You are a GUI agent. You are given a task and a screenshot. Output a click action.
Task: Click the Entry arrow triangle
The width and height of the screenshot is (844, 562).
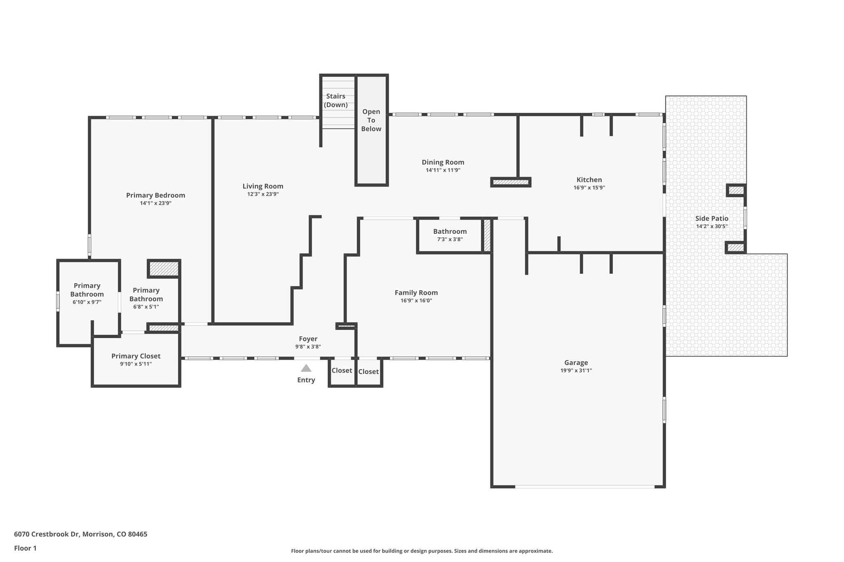coord(306,368)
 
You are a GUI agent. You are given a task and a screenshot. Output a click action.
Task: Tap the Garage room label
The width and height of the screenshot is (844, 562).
coord(576,363)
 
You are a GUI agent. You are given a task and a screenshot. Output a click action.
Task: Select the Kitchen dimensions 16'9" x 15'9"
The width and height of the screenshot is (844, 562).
coord(589,188)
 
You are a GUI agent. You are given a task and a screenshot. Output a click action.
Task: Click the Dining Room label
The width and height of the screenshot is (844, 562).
coord(443,162)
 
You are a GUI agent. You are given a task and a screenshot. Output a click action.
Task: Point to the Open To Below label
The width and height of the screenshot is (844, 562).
coord(371,120)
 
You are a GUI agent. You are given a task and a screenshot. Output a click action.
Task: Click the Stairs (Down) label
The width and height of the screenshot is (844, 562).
coord(335,100)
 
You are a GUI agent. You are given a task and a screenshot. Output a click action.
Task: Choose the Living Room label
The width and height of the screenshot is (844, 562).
coord(263,186)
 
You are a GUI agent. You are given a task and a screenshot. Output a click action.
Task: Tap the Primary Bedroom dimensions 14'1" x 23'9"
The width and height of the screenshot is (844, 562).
coord(155,203)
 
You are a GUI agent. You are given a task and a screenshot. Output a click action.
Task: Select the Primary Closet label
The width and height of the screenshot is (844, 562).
coord(136,356)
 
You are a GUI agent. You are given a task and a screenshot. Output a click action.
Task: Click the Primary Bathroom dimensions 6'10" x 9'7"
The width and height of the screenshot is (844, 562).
coord(87,302)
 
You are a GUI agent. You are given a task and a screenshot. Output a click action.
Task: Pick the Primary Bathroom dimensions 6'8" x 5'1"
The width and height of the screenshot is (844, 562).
coord(146,307)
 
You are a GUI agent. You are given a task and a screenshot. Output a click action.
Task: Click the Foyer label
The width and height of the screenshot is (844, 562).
coord(308,339)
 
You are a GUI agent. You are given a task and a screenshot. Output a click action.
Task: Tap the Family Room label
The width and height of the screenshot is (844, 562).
coord(416,293)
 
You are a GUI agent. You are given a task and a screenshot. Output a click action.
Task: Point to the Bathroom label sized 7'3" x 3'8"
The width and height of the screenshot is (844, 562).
coord(450,231)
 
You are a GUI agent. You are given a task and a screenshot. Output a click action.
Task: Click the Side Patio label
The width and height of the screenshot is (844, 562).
coord(712,219)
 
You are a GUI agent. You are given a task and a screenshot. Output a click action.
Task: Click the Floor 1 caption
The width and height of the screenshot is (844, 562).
coord(25,548)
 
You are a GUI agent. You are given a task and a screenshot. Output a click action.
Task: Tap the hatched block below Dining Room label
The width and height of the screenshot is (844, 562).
coord(511,182)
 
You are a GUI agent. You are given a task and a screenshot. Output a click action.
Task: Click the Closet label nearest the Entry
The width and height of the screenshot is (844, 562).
coord(342,371)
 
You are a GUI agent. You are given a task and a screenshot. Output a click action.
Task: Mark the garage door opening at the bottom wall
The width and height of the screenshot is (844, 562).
coord(584,487)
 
